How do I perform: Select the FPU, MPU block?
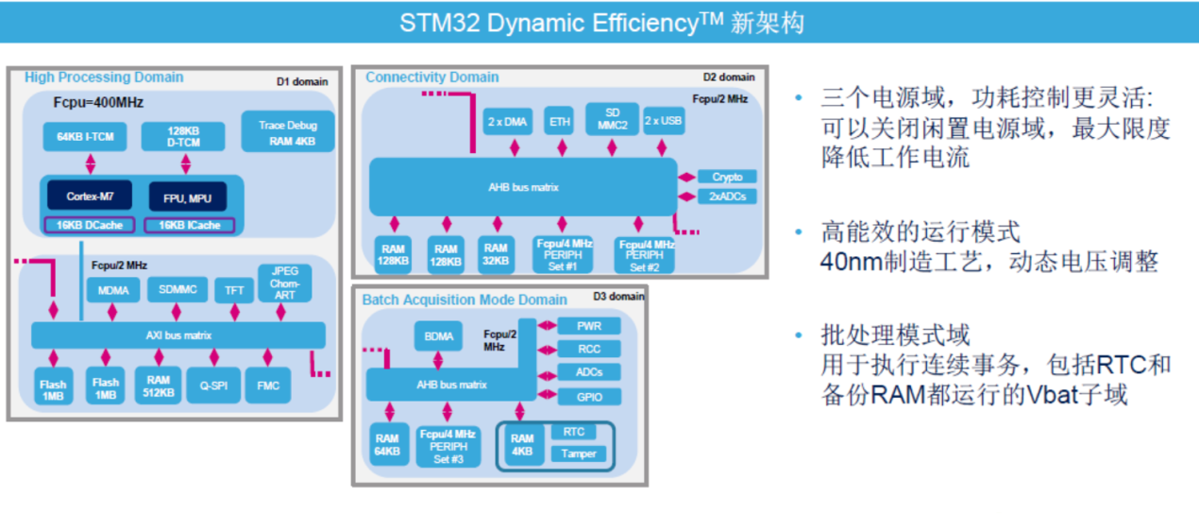[187, 197]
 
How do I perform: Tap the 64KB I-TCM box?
[85, 137]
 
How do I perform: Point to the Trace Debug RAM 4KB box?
[288, 133]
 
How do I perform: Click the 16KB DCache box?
[90, 225]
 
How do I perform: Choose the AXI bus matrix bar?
[178, 335]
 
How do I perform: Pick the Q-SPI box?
[213, 385]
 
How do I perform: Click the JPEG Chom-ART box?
[284, 283]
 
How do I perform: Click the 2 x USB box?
[663, 121]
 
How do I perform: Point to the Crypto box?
[727, 177]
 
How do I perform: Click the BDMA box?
[439, 335]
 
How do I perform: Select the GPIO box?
[588, 397]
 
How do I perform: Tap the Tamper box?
[579, 454]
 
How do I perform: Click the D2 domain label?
[729, 77]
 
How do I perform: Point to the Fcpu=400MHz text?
[98, 102]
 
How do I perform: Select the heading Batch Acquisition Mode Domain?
[464, 300]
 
